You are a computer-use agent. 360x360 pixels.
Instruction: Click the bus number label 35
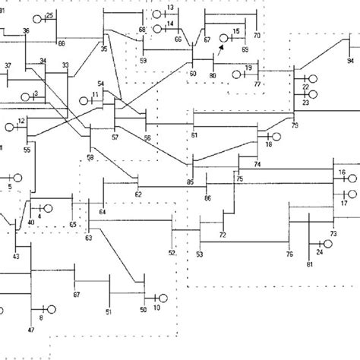104,48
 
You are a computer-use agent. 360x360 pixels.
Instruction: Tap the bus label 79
295,124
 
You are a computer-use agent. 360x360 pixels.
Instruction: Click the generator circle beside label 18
276,137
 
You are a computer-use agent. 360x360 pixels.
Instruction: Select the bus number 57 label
115,138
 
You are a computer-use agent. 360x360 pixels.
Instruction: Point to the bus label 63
88,238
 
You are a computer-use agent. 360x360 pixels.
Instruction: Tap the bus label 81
309,264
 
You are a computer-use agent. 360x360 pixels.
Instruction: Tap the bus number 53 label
200,254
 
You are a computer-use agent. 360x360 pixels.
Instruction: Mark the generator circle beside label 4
49,207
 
